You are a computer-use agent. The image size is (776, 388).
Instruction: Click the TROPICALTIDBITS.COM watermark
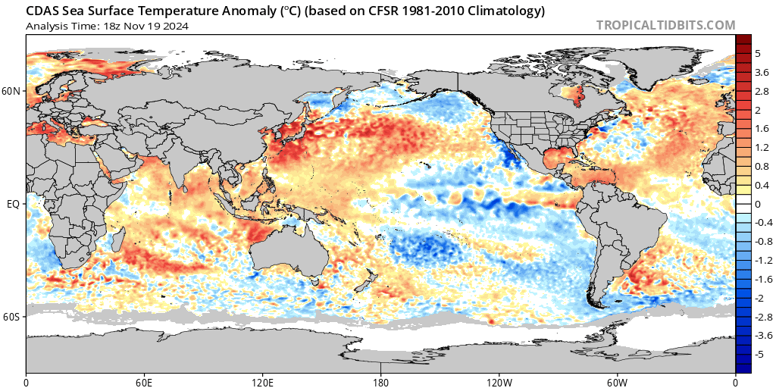coord(665,25)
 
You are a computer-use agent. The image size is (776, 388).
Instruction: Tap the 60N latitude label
coord(11,91)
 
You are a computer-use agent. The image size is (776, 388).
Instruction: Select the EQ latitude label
coord(13,204)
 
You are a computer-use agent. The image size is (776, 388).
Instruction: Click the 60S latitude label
coord(11,317)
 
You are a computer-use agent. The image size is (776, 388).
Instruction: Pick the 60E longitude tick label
coord(145,382)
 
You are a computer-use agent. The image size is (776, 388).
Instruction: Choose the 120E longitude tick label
coord(262,382)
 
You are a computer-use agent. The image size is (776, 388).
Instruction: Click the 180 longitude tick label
coord(381,382)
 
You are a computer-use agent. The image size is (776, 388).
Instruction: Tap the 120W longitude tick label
coord(499,382)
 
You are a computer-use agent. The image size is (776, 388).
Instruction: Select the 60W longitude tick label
coord(617,382)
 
